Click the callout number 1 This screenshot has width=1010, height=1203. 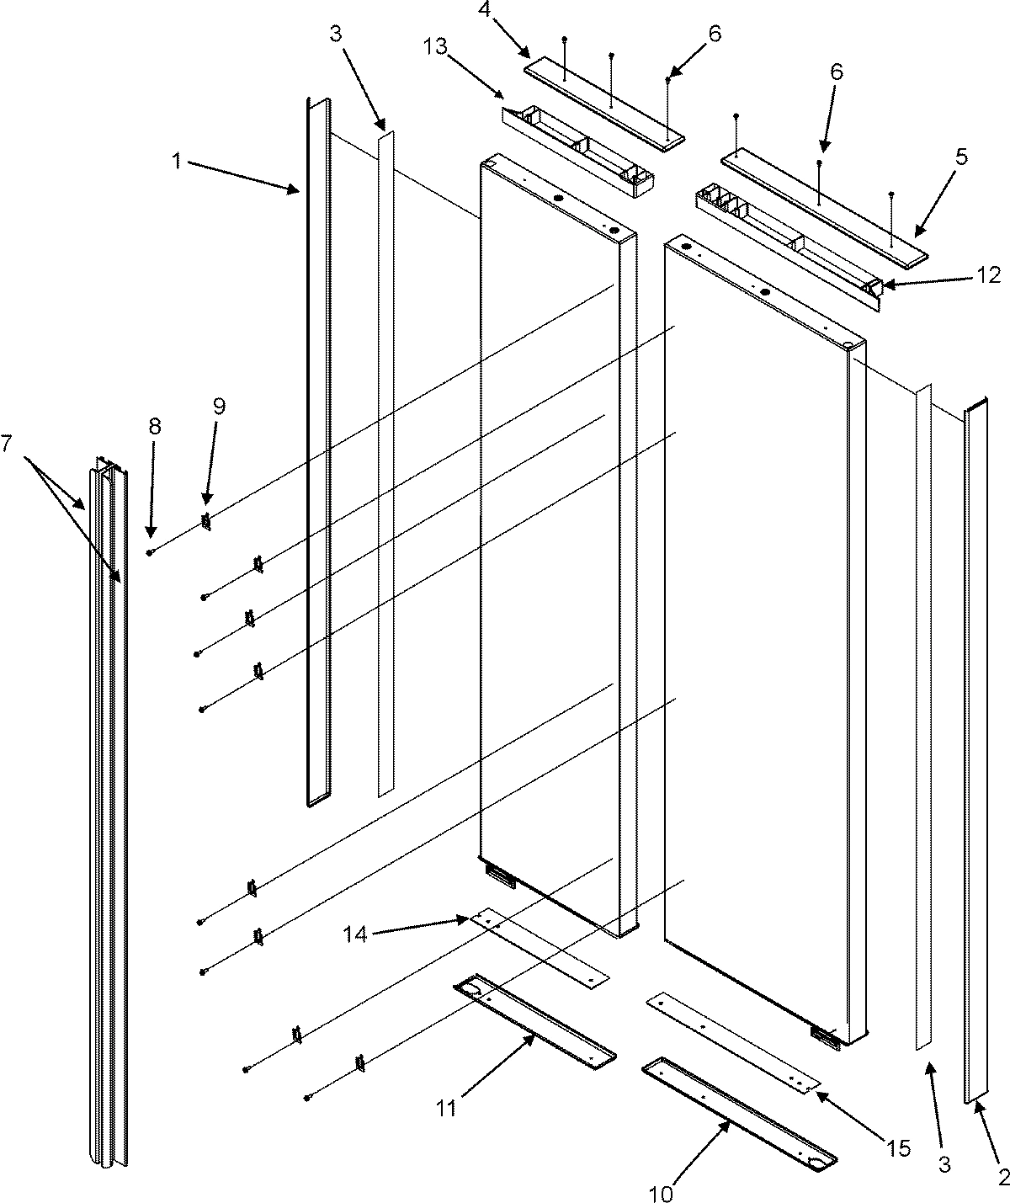[178, 160]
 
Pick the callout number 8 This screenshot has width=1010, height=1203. [154, 425]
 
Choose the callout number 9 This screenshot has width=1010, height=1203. [219, 407]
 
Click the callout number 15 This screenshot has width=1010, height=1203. [898, 1148]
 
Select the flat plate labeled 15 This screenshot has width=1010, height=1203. [732, 1040]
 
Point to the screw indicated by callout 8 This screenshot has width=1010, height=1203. [149, 552]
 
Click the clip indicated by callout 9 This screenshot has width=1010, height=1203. [205, 522]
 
